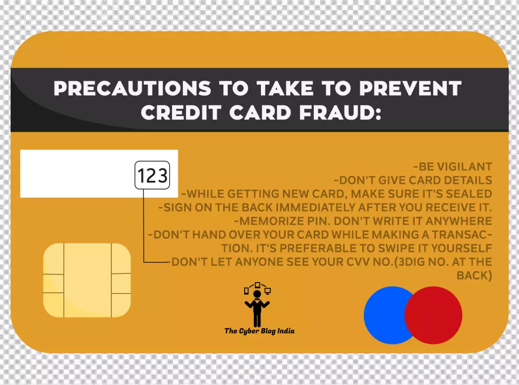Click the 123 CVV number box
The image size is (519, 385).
coord(152,175)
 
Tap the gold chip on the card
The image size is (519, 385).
coord(87,280)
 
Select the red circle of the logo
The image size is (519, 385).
coord(433,315)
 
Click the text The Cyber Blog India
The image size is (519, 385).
coord(259,331)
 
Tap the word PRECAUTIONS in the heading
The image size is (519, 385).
coord(133,88)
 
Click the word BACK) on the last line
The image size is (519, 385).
coord(474,275)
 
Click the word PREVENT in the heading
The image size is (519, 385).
coord(410,88)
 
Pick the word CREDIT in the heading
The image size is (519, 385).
coord(181,113)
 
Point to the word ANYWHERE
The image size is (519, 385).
coord(459,221)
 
